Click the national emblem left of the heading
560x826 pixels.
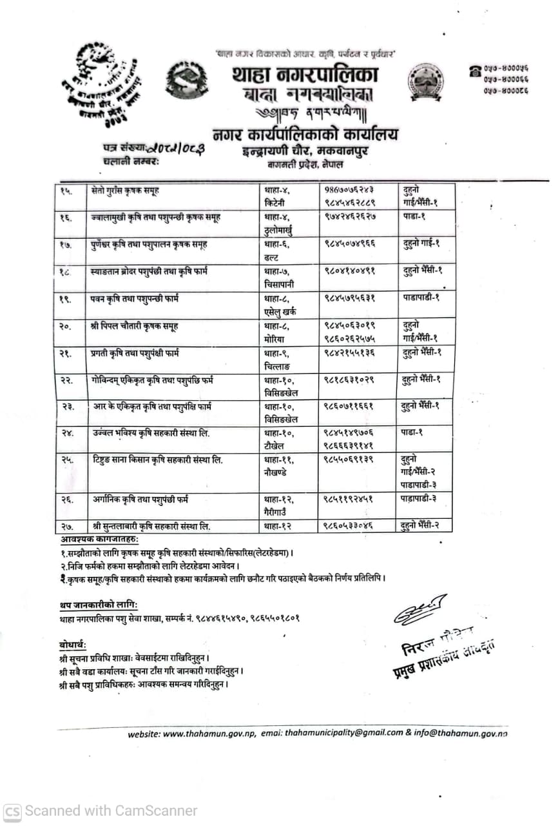coord(186,83)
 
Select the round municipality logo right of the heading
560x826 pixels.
coord(425,83)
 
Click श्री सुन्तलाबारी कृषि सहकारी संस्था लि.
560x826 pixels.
coord(151,526)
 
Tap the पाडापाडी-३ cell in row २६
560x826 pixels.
coord(420,498)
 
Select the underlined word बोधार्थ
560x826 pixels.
coord(72,645)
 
